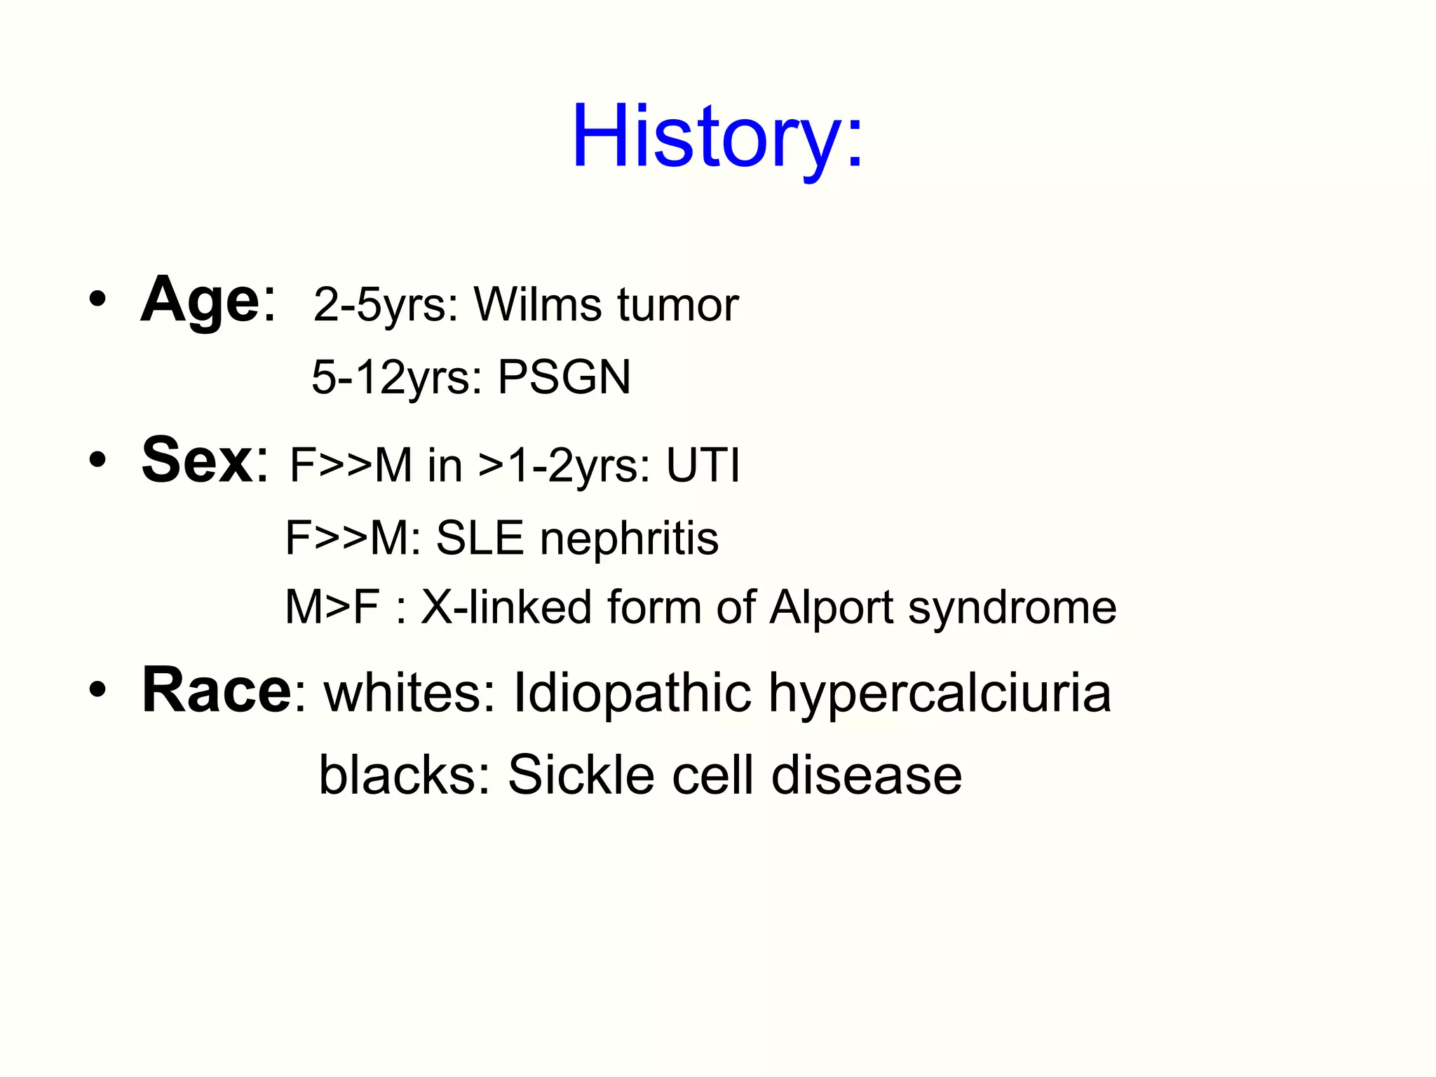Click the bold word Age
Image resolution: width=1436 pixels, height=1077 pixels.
click(x=201, y=300)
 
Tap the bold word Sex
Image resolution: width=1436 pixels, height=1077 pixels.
click(x=197, y=460)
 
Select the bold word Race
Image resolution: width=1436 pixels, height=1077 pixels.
click(x=216, y=691)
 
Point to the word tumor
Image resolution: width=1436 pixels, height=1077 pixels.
click(x=677, y=305)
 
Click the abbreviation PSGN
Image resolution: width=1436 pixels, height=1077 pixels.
click(x=564, y=377)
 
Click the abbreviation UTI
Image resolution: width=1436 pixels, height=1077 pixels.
click(x=703, y=466)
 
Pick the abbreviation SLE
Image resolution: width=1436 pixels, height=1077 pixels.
click(x=480, y=538)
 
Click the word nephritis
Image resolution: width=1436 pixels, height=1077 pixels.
click(x=629, y=538)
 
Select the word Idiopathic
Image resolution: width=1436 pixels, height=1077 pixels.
click(x=632, y=693)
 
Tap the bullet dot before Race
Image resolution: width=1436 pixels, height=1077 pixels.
click(x=97, y=690)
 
